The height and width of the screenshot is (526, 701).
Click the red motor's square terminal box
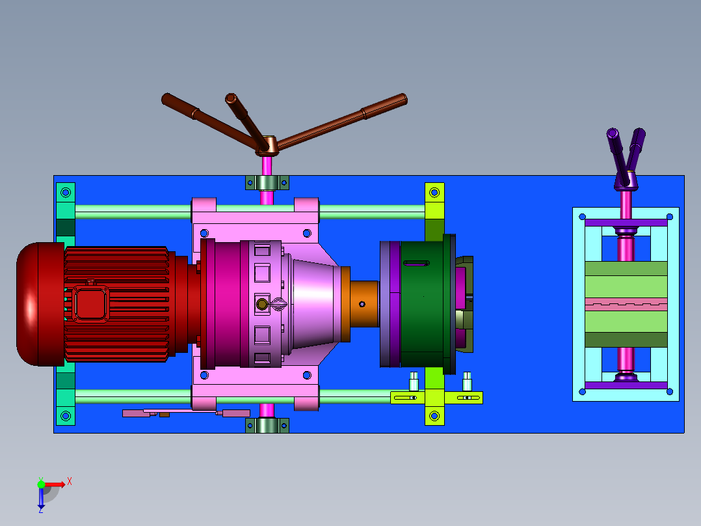coord(91,304)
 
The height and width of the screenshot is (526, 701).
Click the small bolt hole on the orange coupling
coord(362,305)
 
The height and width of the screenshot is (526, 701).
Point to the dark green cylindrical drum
coord(422,304)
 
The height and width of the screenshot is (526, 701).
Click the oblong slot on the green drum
coord(417,263)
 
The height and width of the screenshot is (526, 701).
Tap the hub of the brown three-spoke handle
coord(267,145)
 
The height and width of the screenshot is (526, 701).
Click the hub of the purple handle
coord(626,180)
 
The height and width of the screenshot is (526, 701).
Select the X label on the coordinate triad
coord(70,482)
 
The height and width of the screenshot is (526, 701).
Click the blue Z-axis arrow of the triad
coord(41,498)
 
